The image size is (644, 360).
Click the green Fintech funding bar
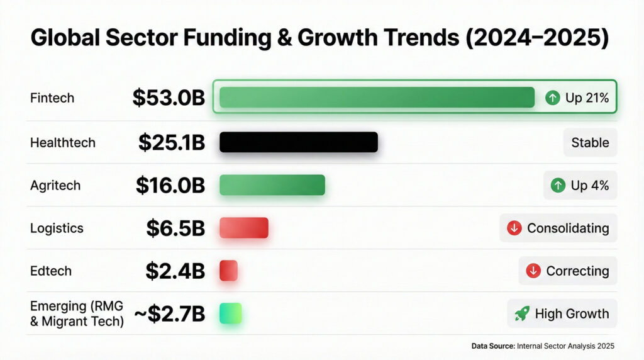[x=376, y=98]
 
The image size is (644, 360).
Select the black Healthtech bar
[x=298, y=142]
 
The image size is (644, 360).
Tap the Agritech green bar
[x=272, y=185]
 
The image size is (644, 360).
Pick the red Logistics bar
[x=243, y=228]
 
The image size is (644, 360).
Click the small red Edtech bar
[x=228, y=271]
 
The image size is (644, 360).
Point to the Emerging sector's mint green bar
[x=230, y=313]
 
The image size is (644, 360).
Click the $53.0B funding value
[x=169, y=98]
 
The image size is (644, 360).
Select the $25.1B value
[x=172, y=142]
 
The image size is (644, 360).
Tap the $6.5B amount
[x=175, y=228]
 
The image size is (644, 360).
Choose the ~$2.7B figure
[x=170, y=313]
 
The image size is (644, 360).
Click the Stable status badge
[x=590, y=142]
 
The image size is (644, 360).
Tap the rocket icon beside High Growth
[x=521, y=313]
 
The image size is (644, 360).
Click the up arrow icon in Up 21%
[x=553, y=98]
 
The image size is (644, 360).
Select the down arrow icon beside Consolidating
[x=514, y=228]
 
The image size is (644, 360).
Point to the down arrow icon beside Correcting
[x=533, y=271]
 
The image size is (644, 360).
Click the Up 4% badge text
[x=589, y=186]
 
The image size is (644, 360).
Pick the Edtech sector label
[x=51, y=271]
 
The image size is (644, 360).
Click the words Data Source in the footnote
[x=492, y=346]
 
